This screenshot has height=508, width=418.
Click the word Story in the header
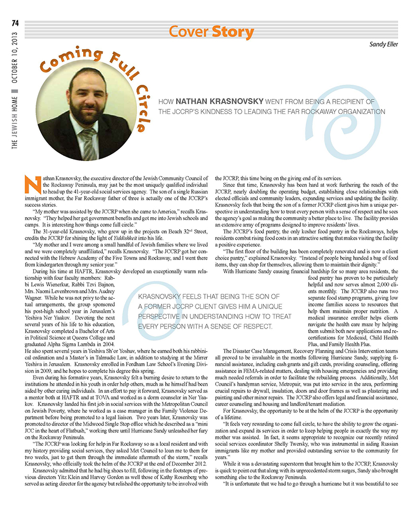[x=233, y=32]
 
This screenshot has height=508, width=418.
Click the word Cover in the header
[x=190, y=32]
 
